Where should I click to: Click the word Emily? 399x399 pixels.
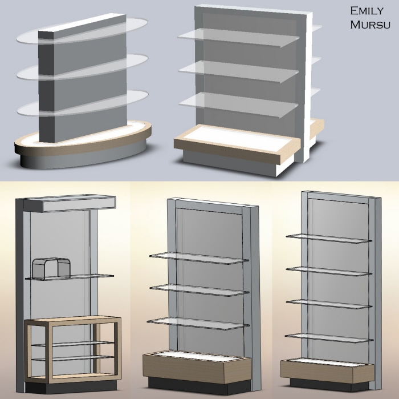coord(367,11)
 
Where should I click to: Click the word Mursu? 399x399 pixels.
coord(370,25)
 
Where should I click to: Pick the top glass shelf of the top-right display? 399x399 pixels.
coord(238,37)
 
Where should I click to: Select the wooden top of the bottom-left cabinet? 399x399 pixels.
coord(72,321)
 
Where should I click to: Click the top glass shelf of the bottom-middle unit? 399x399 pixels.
coord(199,258)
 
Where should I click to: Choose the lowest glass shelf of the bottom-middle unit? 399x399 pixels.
coord(198,323)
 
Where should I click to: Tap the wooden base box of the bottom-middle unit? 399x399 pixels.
coord(197,369)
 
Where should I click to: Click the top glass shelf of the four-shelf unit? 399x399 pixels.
coord(329,239)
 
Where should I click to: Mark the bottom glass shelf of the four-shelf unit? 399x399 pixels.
coord(329,338)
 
